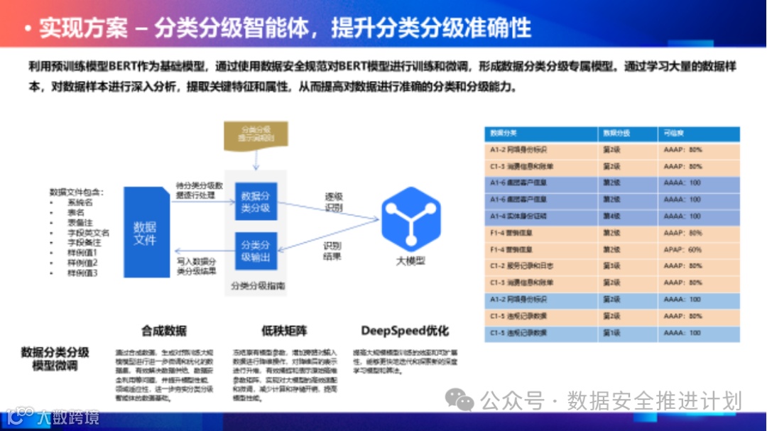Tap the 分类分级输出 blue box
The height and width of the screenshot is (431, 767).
tap(256, 251)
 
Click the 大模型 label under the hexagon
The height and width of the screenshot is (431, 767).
tap(410, 261)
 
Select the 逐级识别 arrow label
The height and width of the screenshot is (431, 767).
tap(333, 202)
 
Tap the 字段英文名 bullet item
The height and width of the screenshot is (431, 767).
tap(88, 232)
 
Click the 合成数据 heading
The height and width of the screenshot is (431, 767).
tap(163, 330)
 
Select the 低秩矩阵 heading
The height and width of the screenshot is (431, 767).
tap(285, 330)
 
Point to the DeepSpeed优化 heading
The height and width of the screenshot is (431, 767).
tap(405, 330)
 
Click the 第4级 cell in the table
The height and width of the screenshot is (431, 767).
tap(611, 217)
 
